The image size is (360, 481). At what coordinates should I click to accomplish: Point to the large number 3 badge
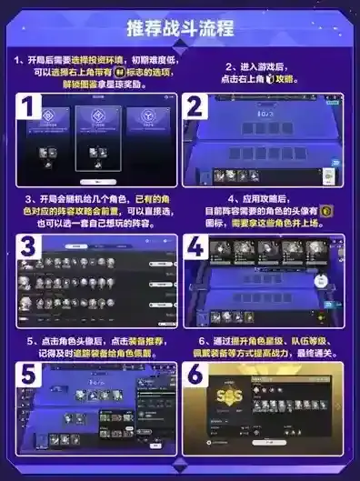click(x=27, y=246)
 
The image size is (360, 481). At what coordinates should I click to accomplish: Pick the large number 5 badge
click(x=27, y=375)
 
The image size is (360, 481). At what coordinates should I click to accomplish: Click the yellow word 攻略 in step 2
click(x=310, y=79)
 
